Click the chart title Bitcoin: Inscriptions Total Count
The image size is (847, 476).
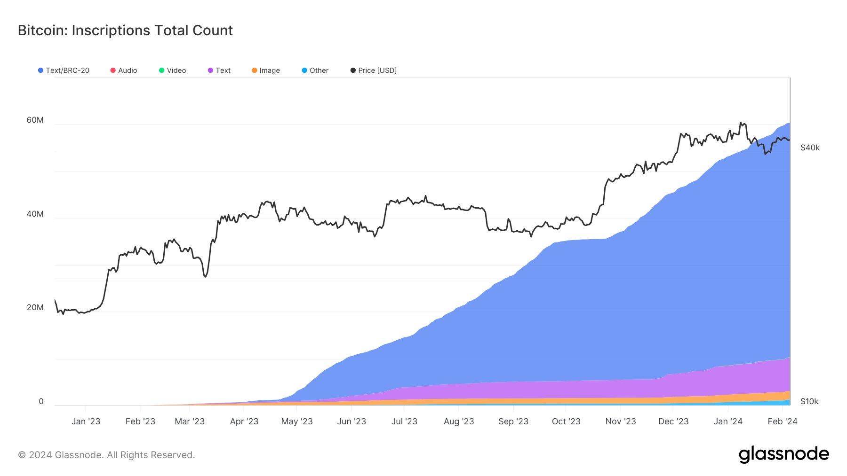coord(125,31)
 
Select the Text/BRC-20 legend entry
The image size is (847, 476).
coord(64,70)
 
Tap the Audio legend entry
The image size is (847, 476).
coord(124,70)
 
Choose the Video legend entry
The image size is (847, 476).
coord(173,70)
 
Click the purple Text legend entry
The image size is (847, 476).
coord(219,70)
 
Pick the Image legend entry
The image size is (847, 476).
coord(266,70)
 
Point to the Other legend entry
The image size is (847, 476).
coord(315,70)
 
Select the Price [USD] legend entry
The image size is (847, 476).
coord(374,70)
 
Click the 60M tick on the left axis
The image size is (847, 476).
coord(35,120)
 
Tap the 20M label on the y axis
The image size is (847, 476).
coord(35,307)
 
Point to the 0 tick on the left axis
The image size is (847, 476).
coord(41,401)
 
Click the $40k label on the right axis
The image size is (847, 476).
coord(810,148)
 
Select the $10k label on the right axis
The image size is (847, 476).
coord(809,401)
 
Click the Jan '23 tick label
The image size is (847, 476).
coord(86,421)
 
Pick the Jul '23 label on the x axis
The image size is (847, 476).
coord(404,421)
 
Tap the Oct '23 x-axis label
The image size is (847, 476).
coord(566,421)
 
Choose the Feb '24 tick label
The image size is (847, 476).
coord(782,421)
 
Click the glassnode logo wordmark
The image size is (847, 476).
coord(783,454)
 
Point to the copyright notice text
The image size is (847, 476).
coord(106,455)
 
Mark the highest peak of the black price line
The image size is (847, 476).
coord(740,123)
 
